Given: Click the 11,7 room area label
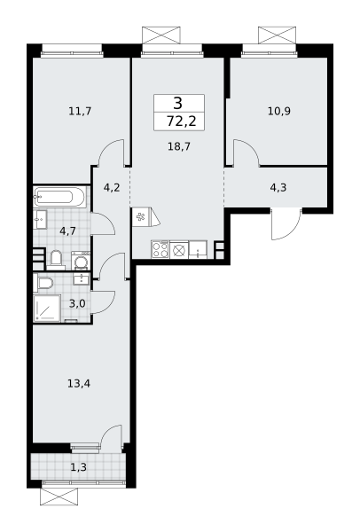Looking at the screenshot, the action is (80, 111).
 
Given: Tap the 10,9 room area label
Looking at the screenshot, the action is (279, 111).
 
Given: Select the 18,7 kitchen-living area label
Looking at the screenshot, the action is (179, 146).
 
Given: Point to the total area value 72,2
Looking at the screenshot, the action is (182, 121).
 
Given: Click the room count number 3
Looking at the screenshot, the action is (178, 103).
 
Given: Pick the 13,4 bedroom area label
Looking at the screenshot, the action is (79, 384).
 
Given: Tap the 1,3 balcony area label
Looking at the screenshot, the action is (78, 467).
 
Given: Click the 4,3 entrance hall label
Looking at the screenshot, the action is (278, 187).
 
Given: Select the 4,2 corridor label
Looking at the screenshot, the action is (112, 187).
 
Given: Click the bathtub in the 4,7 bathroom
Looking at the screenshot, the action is (59, 197).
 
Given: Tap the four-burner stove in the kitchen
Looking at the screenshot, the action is (160, 250).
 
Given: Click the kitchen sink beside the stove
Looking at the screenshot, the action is (198, 250).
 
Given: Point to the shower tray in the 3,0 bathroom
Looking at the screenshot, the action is (47, 308).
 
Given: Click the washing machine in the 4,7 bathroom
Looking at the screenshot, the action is (81, 261).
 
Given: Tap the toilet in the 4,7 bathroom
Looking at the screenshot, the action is (56, 259).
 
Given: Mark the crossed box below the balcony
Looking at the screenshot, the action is (59, 497).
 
